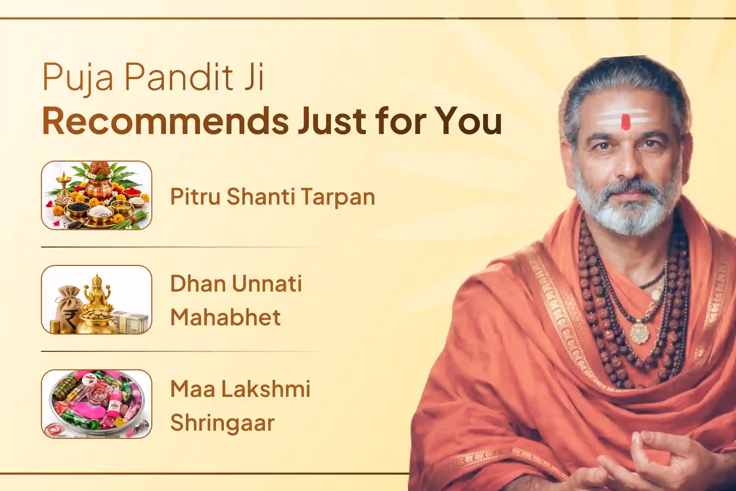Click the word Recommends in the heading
click(166, 121)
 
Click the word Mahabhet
click(226, 317)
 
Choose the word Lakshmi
click(266, 388)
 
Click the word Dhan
click(197, 284)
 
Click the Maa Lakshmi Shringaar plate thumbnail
click(96, 404)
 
